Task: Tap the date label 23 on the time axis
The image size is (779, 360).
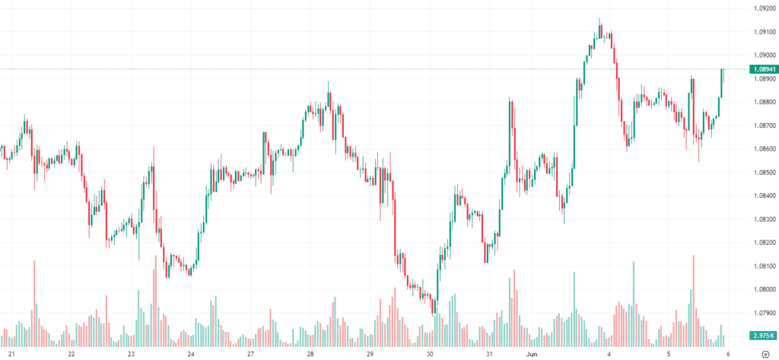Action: pos(131,354)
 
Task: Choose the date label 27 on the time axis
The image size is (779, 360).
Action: pos(250,354)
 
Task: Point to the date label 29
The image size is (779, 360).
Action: pos(370,354)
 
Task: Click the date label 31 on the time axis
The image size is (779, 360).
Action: pos(490,354)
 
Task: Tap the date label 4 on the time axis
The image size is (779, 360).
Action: pos(609,354)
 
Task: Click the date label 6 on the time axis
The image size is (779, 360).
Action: pos(729,354)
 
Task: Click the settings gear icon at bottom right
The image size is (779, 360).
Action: pos(764,354)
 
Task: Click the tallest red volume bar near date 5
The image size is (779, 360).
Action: pos(693,297)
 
